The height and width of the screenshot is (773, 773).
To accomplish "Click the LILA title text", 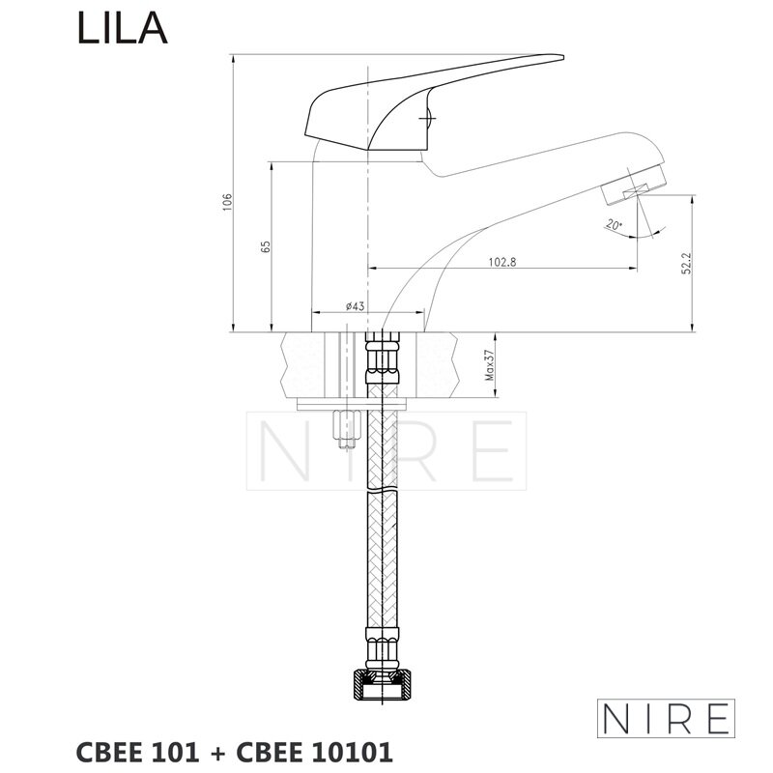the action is tap(123, 29).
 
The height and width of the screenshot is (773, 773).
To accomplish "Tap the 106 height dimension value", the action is tap(227, 203).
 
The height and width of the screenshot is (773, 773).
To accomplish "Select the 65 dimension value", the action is tap(266, 247).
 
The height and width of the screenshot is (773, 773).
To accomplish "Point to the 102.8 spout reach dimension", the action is tap(501, 262).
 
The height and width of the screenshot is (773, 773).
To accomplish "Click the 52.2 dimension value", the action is tap(687, 264).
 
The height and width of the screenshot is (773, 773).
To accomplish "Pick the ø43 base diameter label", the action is tap(355, 306).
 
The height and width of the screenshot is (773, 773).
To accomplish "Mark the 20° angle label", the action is tap(614, 225).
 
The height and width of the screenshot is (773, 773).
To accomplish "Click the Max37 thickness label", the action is tap(490, 365).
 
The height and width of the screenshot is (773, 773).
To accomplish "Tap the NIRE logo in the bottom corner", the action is tap(666, 718).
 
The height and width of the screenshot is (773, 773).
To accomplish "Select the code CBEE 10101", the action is tap(315, 753).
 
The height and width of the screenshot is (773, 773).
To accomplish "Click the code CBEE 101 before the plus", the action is tap(137, 753).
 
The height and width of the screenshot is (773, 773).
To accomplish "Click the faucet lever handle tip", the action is tap(561, 57).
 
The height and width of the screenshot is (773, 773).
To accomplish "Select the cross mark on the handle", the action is tap(425, 118).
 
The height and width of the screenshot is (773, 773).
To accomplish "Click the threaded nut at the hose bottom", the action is tap(383, 684).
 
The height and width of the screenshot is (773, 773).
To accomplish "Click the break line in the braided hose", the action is tap(383, 492).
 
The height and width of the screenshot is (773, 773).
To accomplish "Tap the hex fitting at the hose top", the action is tap(383, 358).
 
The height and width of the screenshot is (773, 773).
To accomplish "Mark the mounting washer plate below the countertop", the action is tap(351, 404).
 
